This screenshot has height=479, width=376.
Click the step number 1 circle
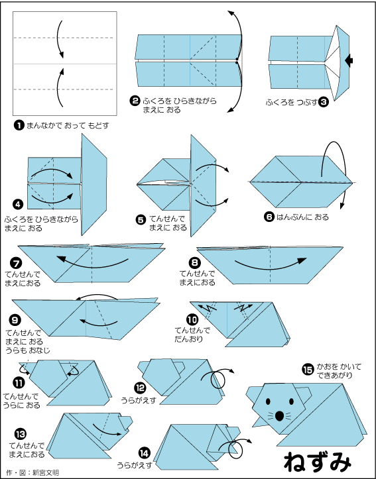[x=19, y=126]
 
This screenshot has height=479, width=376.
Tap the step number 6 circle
[x=269, y=217]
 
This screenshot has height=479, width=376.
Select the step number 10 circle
[x=192, y=320]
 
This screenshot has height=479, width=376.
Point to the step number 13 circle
[x=20, y=434]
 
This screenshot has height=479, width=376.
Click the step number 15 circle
[x=308, y=369]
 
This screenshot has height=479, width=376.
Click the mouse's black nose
[x=279, y=416]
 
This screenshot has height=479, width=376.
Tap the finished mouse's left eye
[x=268, y=401]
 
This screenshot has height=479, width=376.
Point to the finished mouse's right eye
[x=291, y=401]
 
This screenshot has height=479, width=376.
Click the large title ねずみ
[x=318, y=461]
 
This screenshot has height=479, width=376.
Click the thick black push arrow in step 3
[x=349, y=60]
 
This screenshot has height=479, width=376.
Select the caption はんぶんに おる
[x=302, y=217]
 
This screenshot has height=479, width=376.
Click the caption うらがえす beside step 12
[x=139, y=400]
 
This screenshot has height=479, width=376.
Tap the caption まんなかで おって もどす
[x=68, y=126]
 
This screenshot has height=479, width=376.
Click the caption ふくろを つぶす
[x=291, y=102]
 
